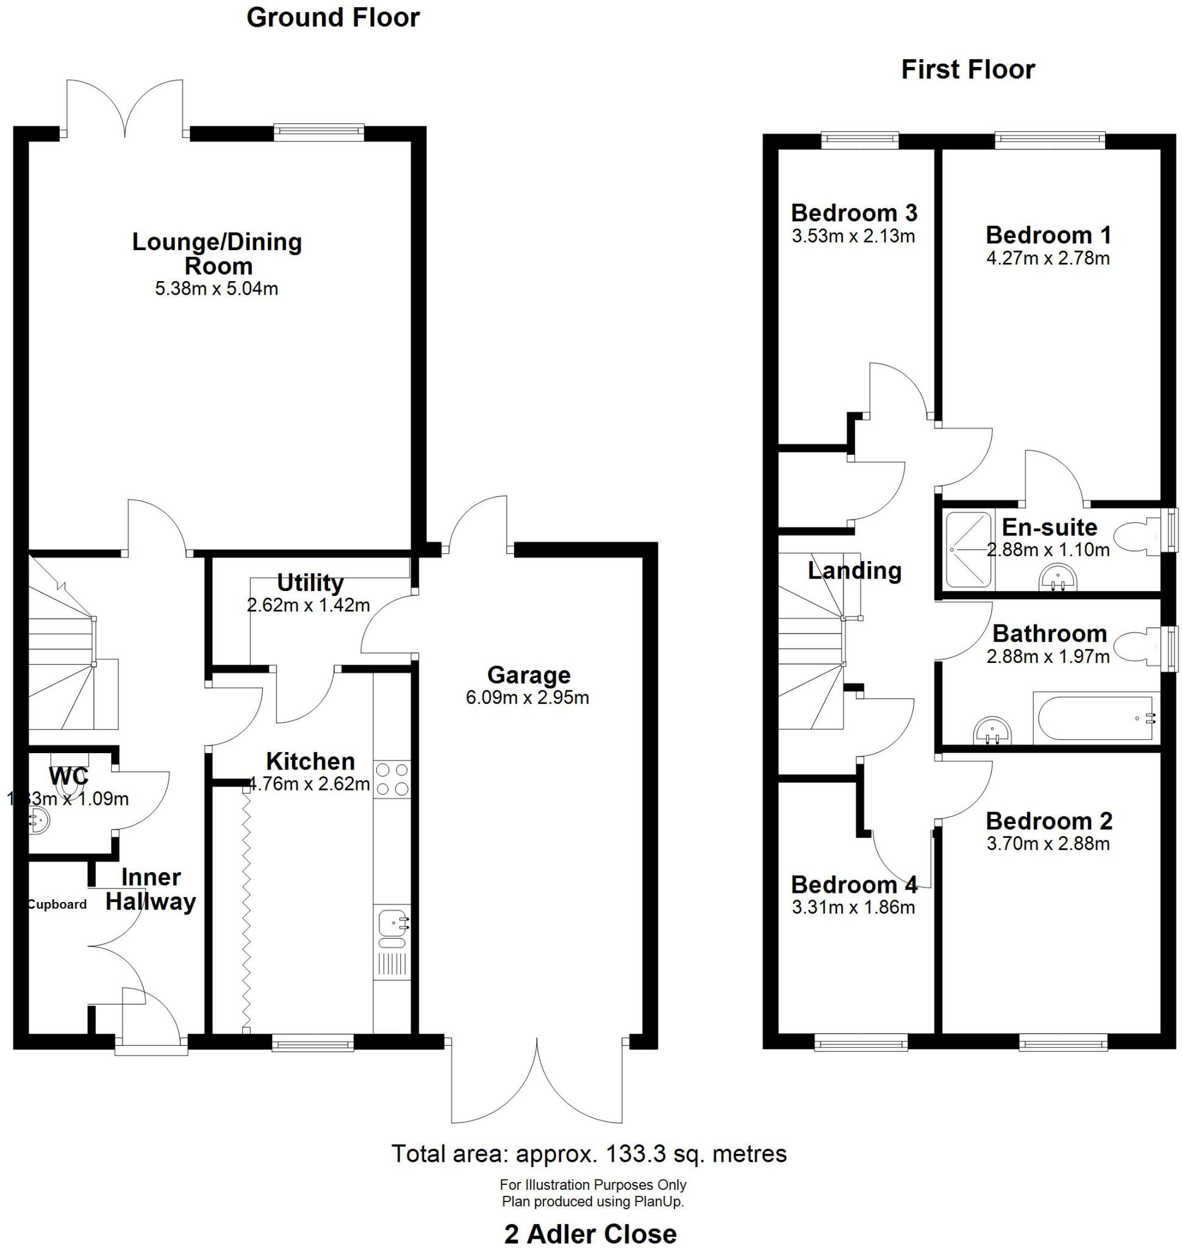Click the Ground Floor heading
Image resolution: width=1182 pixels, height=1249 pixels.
(x=332, y=18)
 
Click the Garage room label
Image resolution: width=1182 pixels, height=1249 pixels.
(x=529, y=675)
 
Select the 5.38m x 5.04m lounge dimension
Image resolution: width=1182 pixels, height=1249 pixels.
(x=216, y=288)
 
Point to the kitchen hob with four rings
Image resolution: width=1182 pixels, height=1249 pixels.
(x=392, y=779)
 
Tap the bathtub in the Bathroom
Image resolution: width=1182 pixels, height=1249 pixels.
(x=1094, y=718)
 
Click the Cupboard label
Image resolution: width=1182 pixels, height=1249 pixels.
(x=57, y=904)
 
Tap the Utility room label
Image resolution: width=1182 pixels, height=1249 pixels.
(x=310, y=582)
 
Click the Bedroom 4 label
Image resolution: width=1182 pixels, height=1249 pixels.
(x=854, y=884)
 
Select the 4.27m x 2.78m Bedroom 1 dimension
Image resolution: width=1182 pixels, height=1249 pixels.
(x=1048, y=258)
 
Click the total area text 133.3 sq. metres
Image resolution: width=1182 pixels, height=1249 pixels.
(x=589, y=1153)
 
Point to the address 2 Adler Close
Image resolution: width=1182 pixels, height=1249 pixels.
(x=590, y=1233)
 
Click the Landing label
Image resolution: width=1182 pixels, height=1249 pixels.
(x=854, y=571)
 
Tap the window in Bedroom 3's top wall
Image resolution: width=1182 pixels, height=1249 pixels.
(x=860, y=140)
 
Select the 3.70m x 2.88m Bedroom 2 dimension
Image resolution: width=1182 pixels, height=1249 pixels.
(x=1048, y=843)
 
